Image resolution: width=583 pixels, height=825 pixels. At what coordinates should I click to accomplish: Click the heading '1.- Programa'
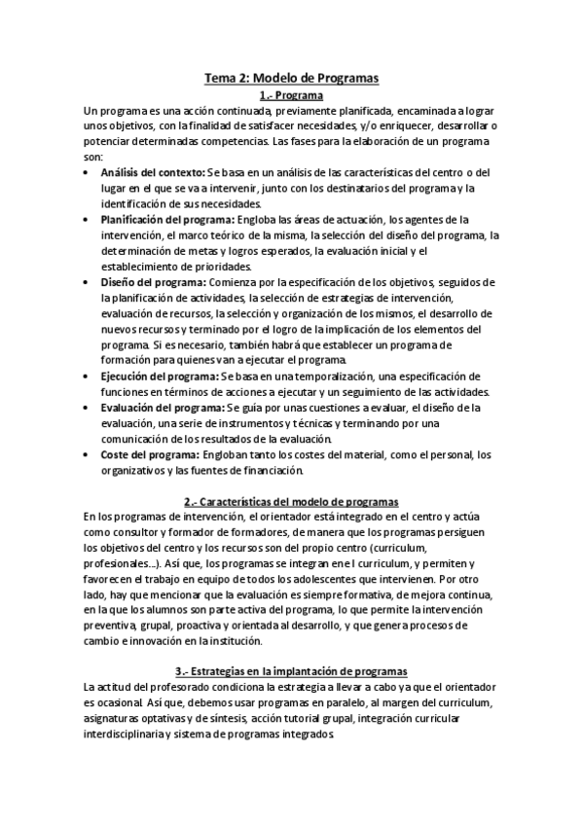coord(291,95)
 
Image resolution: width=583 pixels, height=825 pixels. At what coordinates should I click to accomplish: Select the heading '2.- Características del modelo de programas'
coord(291,502)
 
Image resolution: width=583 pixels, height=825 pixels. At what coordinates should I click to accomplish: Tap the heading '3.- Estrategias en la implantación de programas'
coord(291,671)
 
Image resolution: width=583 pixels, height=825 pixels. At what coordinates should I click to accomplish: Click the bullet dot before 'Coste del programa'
coord(89,454)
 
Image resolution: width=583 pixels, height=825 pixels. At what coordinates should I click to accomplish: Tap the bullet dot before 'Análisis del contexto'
coord(89,172)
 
